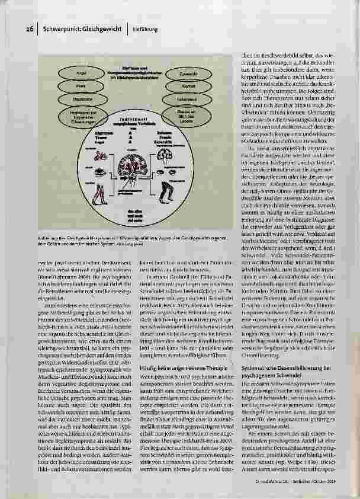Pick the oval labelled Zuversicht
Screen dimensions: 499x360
tap(183, 74)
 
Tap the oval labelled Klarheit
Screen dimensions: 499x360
tap(183, 87)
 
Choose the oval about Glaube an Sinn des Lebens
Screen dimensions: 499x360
tap(183, 113)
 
